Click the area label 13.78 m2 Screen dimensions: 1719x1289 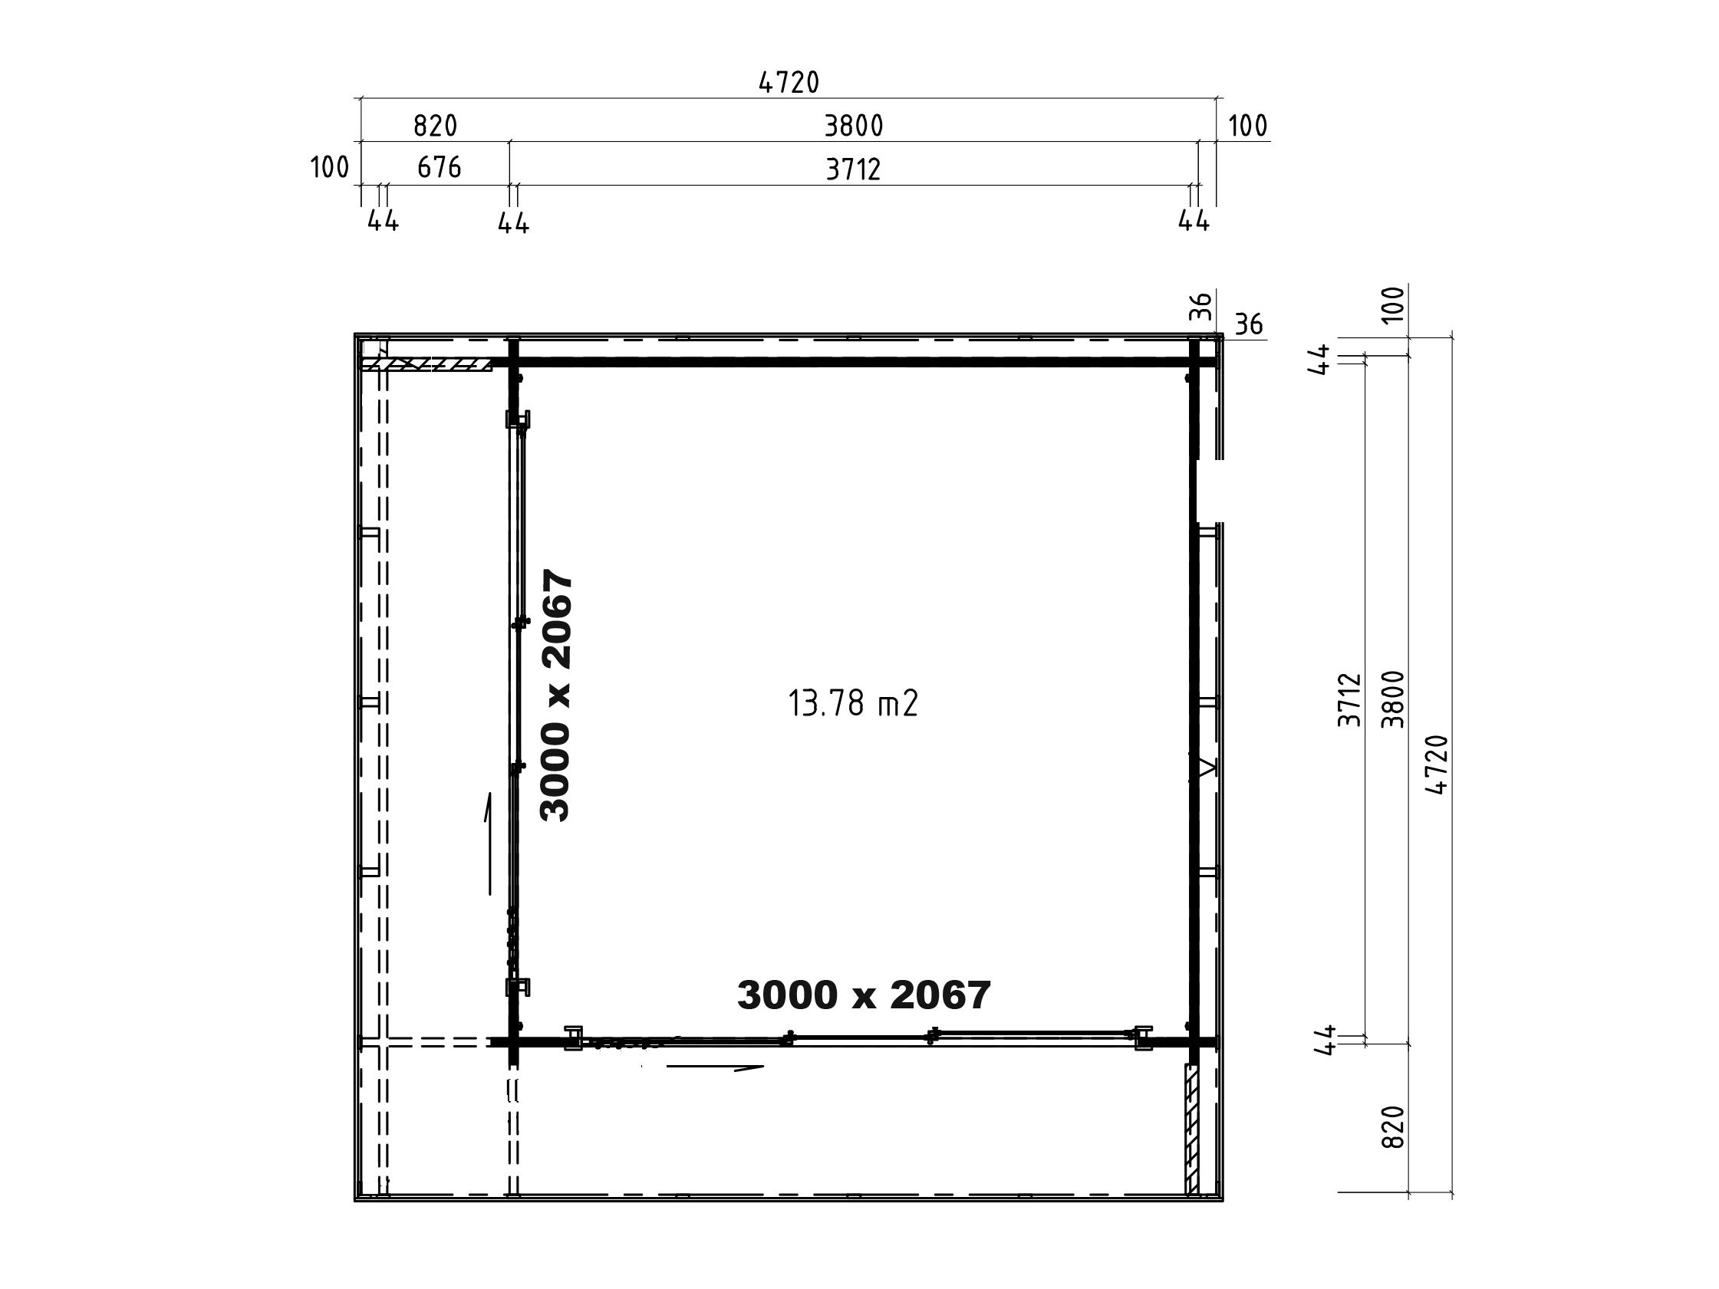coord(853,704)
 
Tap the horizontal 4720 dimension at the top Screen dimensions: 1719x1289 coord(789,82)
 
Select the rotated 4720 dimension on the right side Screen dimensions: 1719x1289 coord(1437,765)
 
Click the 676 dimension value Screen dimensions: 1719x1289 coord(439,167)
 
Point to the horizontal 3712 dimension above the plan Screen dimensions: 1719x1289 coord(853,169)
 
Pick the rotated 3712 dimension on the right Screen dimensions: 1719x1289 coord(1350,700)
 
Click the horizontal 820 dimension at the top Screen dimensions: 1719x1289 coord(435,125)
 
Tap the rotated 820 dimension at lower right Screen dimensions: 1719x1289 coord(1395,1127)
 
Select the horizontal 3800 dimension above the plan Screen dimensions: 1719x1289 coord(854,126)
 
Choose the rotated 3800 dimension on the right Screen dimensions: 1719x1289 coord(1394,699)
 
